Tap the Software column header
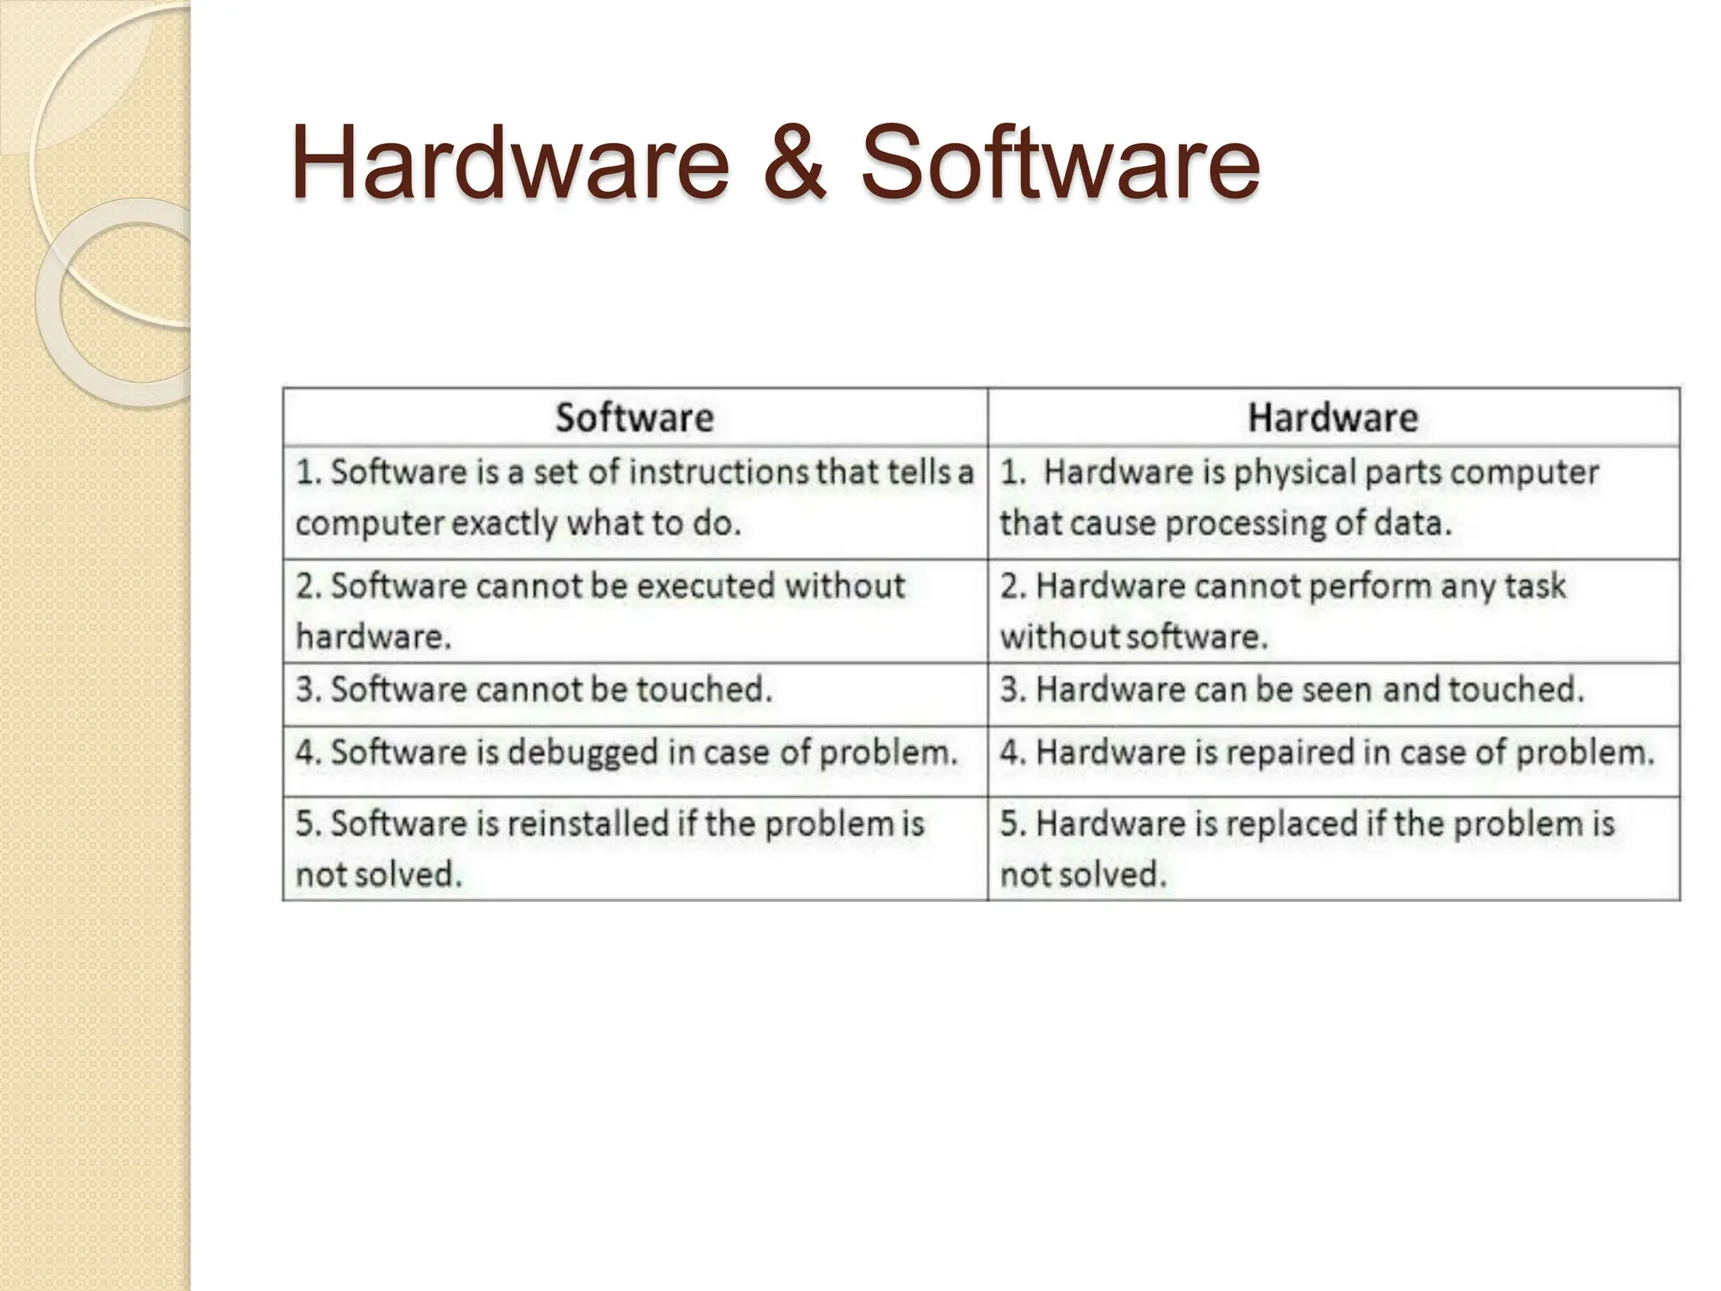click(x=634, y=418)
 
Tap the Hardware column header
click(x=1333, y=418)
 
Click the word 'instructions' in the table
click(x=718, y=472)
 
